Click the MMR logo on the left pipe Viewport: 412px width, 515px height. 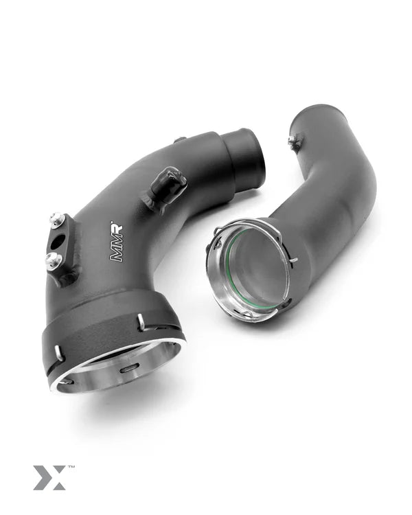(x=117, y=241)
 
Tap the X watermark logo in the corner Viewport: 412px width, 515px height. (x=49, y=477)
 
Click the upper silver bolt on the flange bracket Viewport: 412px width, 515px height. (x=57, y=220)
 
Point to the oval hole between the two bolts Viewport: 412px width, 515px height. (x=59, y=241)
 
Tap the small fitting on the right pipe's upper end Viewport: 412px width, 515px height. (x=295, y=143)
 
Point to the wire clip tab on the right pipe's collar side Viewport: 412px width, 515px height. (x=293, y=260)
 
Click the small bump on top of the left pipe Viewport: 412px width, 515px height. (x=180, y=139)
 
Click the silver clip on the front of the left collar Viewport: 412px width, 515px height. (x=141, y=321)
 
